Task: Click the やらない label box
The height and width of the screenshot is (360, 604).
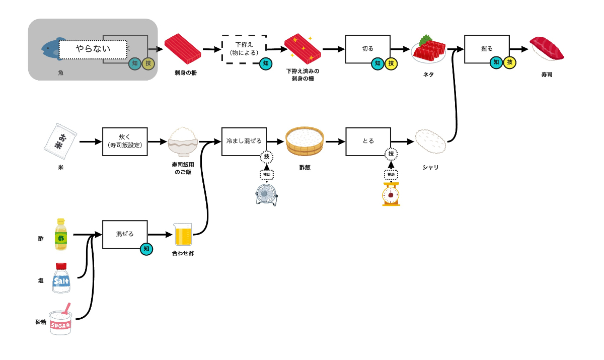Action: pos(93,49)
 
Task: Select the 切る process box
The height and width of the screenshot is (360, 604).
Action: pos(367,49)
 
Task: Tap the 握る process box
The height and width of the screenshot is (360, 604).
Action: pos(487,49)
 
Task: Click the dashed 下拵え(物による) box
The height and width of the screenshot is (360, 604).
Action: pos(244,49)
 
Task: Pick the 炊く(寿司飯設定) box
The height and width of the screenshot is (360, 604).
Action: pos(124,141)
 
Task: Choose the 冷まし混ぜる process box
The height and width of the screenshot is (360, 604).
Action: pos(244,141)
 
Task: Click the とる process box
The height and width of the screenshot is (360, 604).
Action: pos(368,141)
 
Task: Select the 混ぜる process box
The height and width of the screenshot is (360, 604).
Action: pos(125,234)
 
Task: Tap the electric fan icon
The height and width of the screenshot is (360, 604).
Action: pos(266,194)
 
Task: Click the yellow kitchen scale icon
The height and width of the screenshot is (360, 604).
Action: pos(391,194)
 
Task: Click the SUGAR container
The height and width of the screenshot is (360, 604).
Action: pos(62,321)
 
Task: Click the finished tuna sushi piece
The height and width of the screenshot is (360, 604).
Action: pos(547,49)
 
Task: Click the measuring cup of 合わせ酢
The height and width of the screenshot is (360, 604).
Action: pos(183,235)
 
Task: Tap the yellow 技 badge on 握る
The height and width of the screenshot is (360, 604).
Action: pos(510,62)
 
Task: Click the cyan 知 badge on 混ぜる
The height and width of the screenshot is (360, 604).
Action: pos(146,249)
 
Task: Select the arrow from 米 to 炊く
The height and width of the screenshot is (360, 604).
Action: pos(90,142)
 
